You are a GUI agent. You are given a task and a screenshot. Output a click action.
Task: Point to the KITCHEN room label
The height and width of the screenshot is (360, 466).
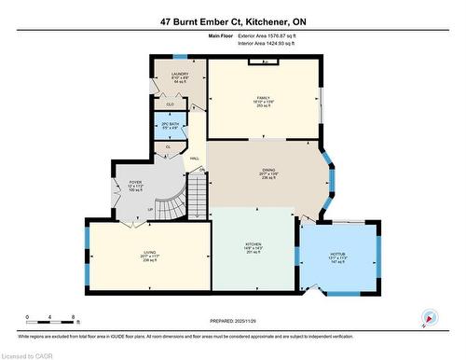[x=253, y=246]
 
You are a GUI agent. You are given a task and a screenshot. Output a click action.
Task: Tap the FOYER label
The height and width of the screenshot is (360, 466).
[x=134, y=187]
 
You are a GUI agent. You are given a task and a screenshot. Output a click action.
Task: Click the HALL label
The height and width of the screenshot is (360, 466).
[x=195, y=159]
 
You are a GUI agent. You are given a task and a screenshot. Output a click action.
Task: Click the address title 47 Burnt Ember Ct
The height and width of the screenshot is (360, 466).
[x=233, y=20]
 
